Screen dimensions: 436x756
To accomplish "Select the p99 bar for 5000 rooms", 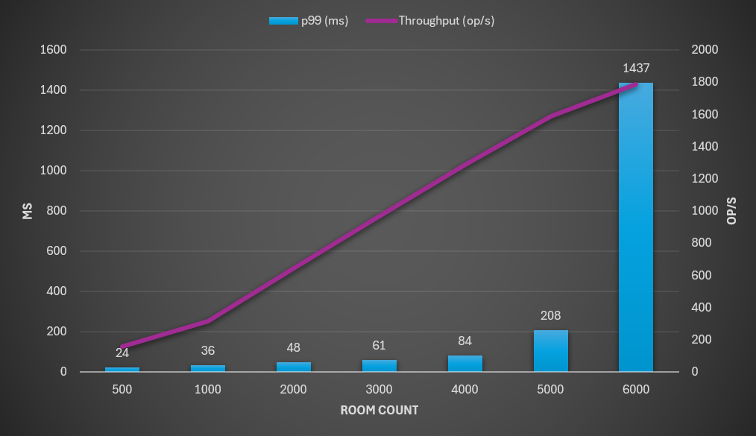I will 550,351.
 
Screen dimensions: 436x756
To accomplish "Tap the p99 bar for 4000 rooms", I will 464,364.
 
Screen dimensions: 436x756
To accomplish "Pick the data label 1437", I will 636,68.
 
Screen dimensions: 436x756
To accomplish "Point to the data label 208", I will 550,315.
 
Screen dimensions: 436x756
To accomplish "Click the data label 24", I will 122,353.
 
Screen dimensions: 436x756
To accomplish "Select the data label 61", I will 379,345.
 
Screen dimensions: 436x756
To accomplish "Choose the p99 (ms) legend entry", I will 309,21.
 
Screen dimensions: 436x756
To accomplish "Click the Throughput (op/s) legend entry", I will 430,21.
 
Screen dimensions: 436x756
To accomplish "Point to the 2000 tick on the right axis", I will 705,50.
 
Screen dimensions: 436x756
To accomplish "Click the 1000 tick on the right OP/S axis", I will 705,211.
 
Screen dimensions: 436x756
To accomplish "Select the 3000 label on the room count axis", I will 379,390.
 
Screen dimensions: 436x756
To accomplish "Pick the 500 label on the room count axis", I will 122,390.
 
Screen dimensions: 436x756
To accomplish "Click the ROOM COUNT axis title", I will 379,410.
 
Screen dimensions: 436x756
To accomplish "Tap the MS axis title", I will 28,211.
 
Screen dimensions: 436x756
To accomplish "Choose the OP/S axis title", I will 731,211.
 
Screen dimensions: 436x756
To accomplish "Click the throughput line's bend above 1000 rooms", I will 208,321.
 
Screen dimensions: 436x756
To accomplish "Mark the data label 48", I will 294,347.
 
